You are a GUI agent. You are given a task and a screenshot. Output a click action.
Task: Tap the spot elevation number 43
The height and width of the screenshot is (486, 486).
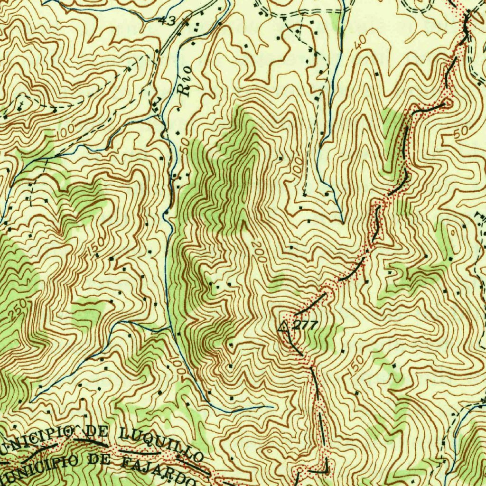point(168,20)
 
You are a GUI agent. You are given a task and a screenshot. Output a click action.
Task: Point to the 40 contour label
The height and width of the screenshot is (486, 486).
point(360,43)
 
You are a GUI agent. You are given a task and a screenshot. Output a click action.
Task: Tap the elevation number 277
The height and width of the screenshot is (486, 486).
point(304,326)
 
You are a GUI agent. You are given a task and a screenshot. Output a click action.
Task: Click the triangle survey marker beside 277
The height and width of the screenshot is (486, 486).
point(283,326)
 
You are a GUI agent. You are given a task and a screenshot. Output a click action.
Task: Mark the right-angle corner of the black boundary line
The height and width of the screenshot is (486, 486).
point(326,471)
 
